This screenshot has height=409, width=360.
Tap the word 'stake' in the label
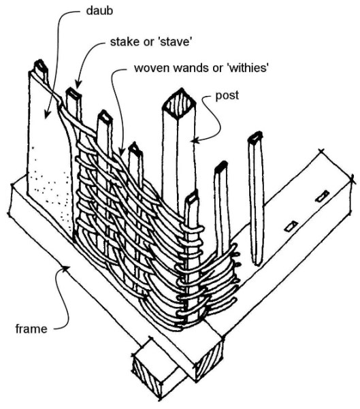pos(123,42)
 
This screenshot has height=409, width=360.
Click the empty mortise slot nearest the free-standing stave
pos(291,225)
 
